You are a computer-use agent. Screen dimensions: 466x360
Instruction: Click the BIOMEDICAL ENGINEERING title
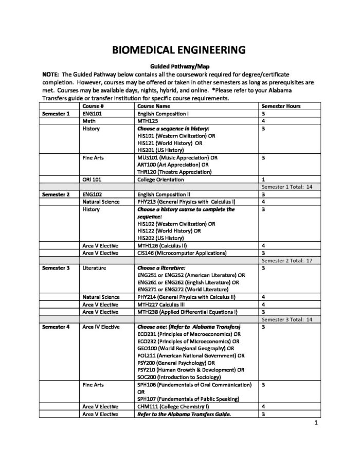click(x=179, y=50)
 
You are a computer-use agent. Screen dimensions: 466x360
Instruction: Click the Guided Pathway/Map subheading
click(x=179, y=66)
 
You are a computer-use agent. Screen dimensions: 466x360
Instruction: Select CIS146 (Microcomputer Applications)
click(x=182, y=253)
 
